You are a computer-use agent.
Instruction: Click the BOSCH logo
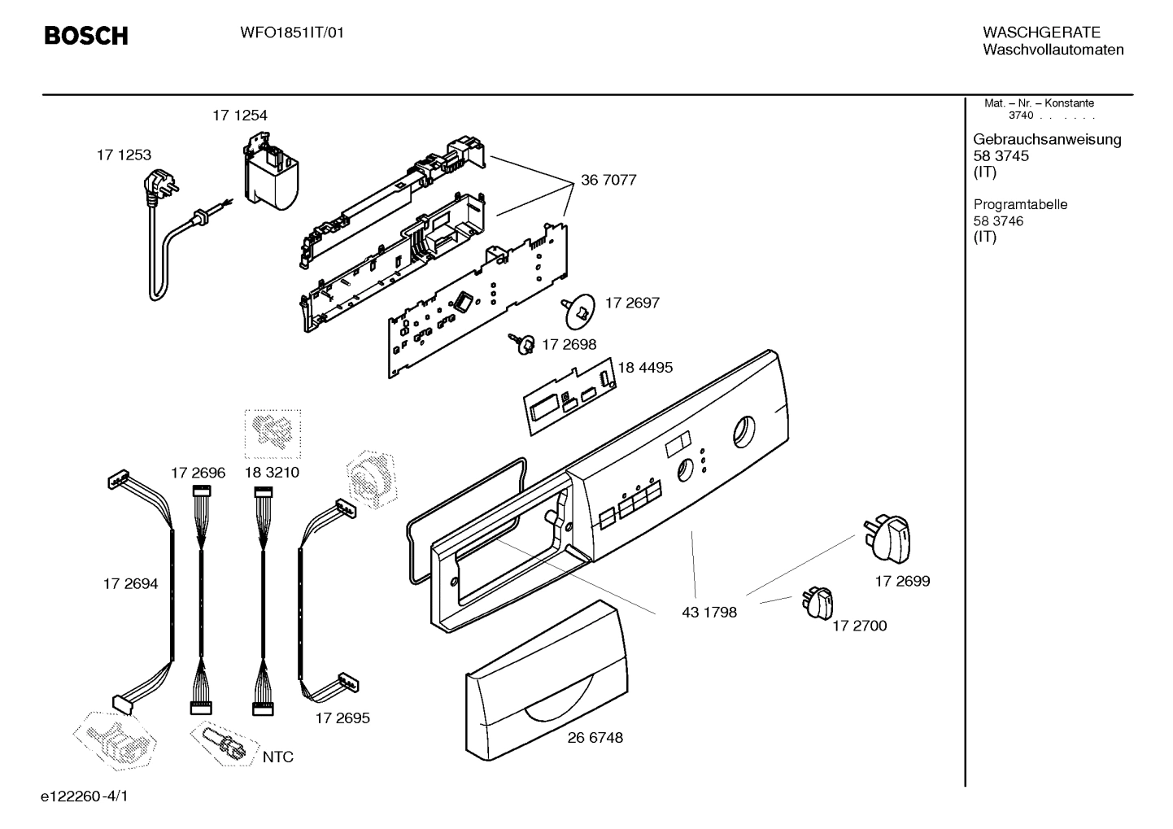pos(85,36)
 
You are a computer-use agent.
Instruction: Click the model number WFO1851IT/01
pos(292,33)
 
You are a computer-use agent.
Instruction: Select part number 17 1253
pos(124,155)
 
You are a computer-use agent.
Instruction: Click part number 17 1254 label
pos(240,116)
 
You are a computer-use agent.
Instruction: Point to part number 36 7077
pos(608,180)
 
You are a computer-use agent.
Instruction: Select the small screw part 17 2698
pos(524,345)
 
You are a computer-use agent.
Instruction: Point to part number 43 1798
pos(709,612)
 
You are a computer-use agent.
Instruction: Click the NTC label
pos(277,757)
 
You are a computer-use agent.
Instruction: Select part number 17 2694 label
pos(130,584)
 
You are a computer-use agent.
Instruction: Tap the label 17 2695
pos(342,718)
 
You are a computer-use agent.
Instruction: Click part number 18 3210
pos(272,473)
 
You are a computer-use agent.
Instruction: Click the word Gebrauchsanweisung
pos(1047,139)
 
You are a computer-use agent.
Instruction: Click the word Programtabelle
pos(1020,205)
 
